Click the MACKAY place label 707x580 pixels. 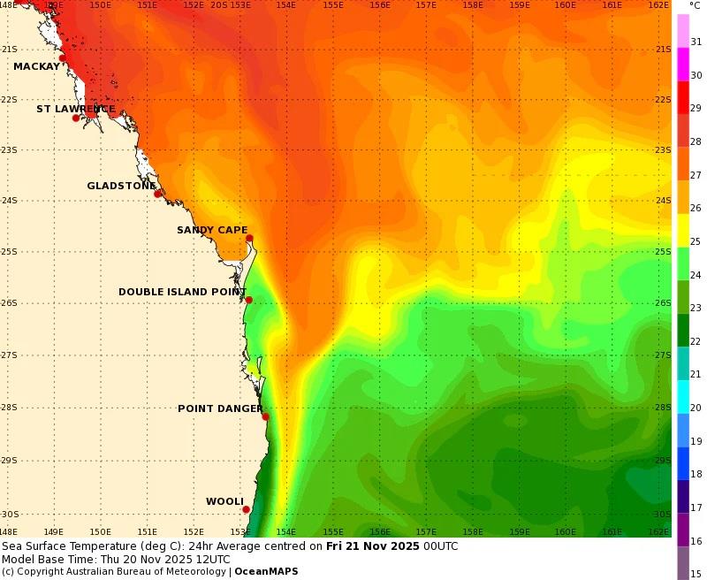click(36, 66)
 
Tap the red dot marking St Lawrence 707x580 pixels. click(76, 118)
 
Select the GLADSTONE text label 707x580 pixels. click(121, 187)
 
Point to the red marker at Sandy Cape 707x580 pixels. click(249, 238)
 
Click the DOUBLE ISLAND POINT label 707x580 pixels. click(182, 292)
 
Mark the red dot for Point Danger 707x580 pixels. click(265, 416)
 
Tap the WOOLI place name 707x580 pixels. click(224, 501)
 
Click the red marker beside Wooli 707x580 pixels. click(246, 509)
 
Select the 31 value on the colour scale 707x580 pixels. click(696, 42)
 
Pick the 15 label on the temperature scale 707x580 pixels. click(696, 574)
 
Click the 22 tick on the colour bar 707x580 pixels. click(696, 341)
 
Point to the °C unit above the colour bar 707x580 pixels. click(695, 5)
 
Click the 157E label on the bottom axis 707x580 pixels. click(426, 532)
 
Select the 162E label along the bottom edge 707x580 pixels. click(658, 532)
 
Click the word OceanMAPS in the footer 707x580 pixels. click(266, 571)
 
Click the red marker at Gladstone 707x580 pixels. click(157, 194)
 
